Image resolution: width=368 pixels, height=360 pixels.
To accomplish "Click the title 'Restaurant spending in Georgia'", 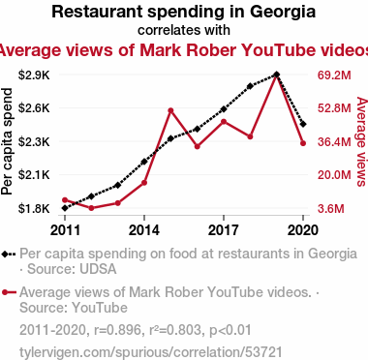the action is point(183,13).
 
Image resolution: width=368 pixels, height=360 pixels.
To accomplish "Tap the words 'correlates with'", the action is point(184,30).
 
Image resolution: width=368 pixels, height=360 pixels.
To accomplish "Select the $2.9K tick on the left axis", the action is point(34,75).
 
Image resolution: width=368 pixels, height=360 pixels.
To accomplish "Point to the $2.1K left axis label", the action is point(34,175).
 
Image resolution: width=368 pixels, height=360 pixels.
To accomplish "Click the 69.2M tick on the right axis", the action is point(334,75).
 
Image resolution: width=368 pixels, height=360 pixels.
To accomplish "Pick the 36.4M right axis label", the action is point(334,141).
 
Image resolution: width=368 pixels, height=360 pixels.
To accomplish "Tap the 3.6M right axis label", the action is point(331,209).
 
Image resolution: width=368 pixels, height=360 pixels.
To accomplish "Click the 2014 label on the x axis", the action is point(144,230).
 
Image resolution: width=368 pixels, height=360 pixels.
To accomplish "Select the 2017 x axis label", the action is point(224,230).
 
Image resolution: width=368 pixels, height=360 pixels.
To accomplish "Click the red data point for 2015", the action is point(170,111).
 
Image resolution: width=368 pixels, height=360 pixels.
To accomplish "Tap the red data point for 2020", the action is point(303,143).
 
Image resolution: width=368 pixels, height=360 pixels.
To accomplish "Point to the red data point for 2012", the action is point(91,208).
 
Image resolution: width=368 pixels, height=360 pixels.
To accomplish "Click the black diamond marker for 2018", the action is point(250,86).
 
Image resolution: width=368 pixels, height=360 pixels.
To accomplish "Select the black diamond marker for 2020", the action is point(303,124).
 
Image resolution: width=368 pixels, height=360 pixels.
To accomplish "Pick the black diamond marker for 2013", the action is point(118,185).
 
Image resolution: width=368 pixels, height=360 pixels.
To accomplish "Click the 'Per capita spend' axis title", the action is point(7,141).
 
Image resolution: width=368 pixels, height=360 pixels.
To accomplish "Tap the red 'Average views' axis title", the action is point(361,141).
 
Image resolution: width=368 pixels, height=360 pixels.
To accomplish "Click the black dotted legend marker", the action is point(9,255).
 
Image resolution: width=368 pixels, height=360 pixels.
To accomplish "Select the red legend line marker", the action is point(9,292).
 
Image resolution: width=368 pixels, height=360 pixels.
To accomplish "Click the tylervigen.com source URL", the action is point(151,352).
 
